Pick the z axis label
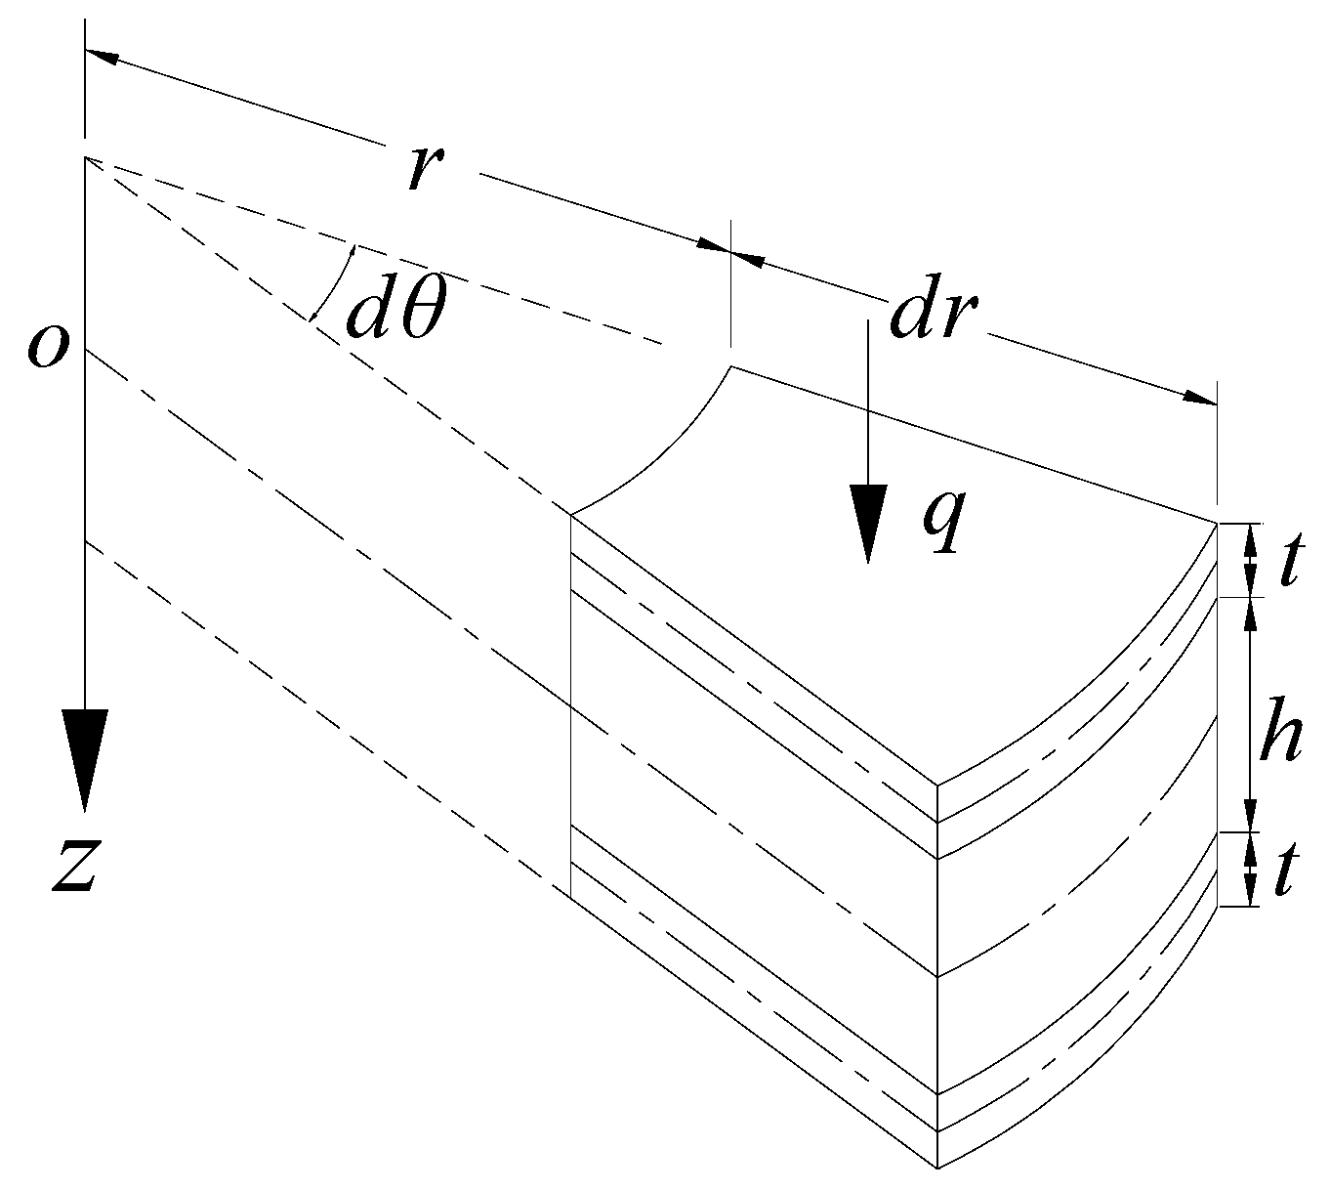point(74,866)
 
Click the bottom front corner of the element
point(937,1168)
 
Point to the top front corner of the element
point(937,785)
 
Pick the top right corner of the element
point(1218,524)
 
